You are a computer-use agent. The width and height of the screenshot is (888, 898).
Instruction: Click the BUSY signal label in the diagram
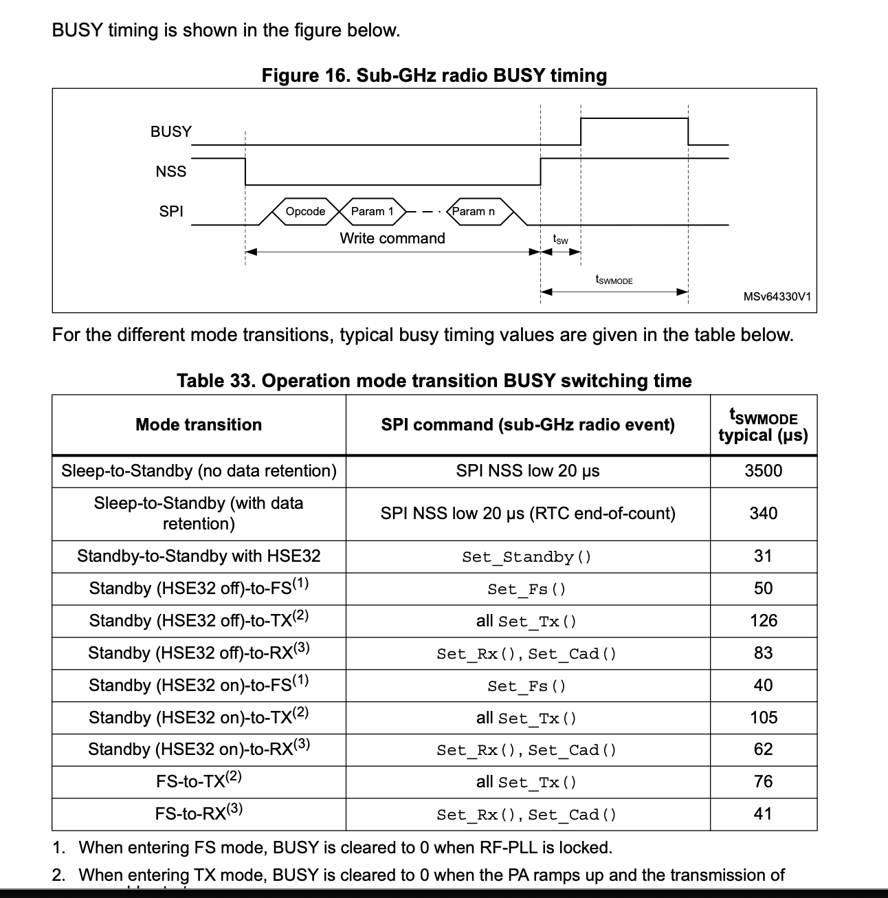pos(171,131)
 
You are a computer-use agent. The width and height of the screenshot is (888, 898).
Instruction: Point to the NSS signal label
pos(171,171)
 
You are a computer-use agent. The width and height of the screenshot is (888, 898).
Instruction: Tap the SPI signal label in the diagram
pos(171,211)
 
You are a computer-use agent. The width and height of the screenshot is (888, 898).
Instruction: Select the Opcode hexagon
pos(305,212)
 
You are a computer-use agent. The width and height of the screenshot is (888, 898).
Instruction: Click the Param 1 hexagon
pos(373,212)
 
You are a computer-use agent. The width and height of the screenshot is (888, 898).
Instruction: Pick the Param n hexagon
pos(474,212)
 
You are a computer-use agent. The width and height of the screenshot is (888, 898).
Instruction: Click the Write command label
pos(392,238)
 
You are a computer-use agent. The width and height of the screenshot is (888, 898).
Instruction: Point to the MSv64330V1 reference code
pos(777,297)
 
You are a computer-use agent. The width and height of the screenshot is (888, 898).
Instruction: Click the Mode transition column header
pos(199,424)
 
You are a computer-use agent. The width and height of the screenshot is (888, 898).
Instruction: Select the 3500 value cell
pos(763,471)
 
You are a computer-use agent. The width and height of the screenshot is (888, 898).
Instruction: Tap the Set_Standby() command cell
pos(527,557)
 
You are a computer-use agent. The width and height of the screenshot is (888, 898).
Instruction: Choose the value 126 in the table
pos(763,621)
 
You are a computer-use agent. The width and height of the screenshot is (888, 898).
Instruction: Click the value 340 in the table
pos(763,514)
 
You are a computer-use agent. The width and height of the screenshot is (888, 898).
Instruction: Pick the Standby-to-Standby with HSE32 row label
pos(199,556)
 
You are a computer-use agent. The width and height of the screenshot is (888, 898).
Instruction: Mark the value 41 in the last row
pos(763,814)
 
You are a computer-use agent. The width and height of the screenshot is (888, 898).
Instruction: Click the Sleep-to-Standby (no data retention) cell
pos(199,471)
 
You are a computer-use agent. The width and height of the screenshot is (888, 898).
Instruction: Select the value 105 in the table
pos(763,718)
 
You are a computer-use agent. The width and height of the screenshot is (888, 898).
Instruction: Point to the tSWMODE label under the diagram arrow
pos(614,281)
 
